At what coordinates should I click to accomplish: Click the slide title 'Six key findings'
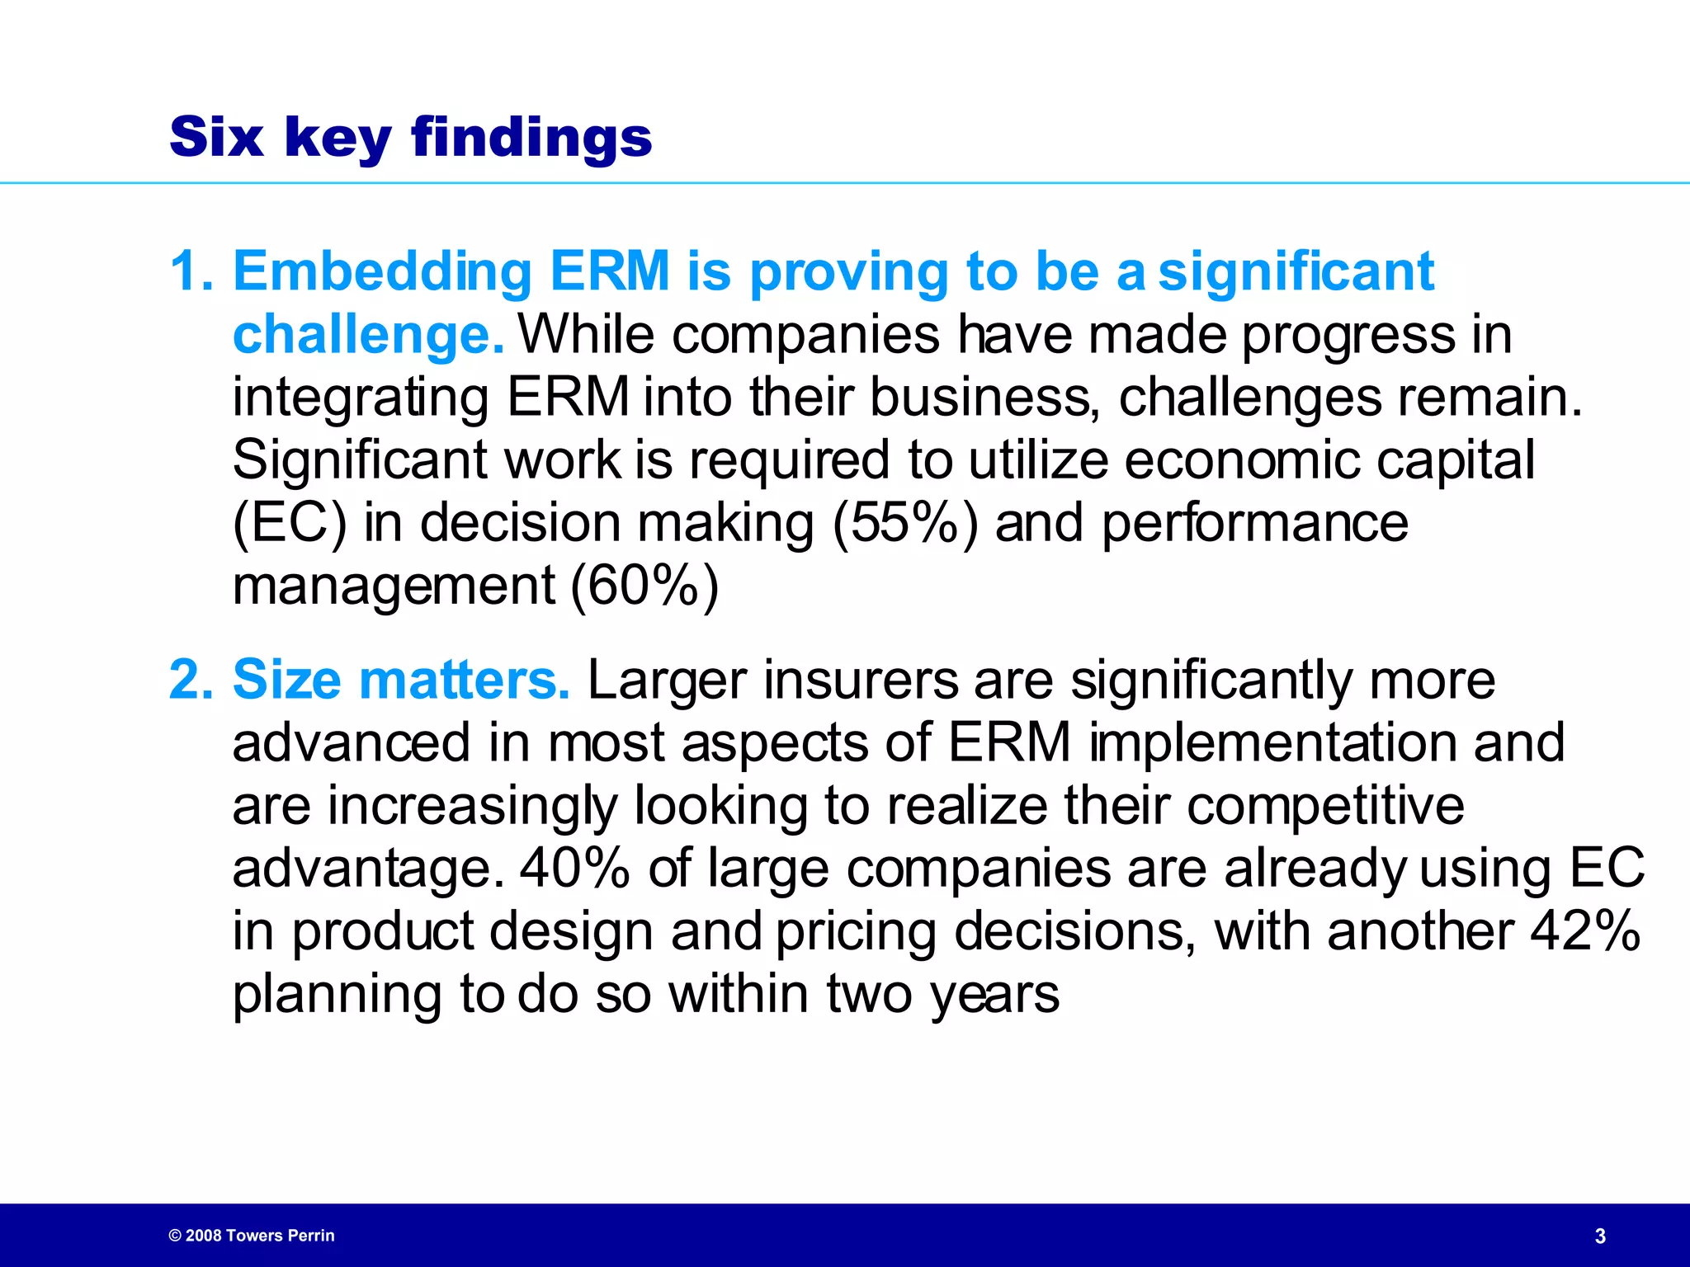coord(410,137)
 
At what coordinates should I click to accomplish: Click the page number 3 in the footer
coord(1600,1236)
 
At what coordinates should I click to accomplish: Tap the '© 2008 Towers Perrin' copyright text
coord(252,1236)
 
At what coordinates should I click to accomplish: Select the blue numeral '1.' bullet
coord(191,271)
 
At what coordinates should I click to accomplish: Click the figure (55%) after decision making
coord(904,523)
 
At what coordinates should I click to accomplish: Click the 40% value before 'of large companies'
coord(574,868)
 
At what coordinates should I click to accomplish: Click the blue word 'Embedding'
coord(382,271)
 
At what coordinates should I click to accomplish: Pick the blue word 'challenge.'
coord(368,335)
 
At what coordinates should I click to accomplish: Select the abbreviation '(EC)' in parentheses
coord(290,523)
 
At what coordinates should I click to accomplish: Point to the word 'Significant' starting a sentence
coord(359,460)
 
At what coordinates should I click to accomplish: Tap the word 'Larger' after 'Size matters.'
coord(667,681)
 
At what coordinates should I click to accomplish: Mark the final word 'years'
coord(994,995)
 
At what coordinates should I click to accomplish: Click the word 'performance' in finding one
coord(1254,523)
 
